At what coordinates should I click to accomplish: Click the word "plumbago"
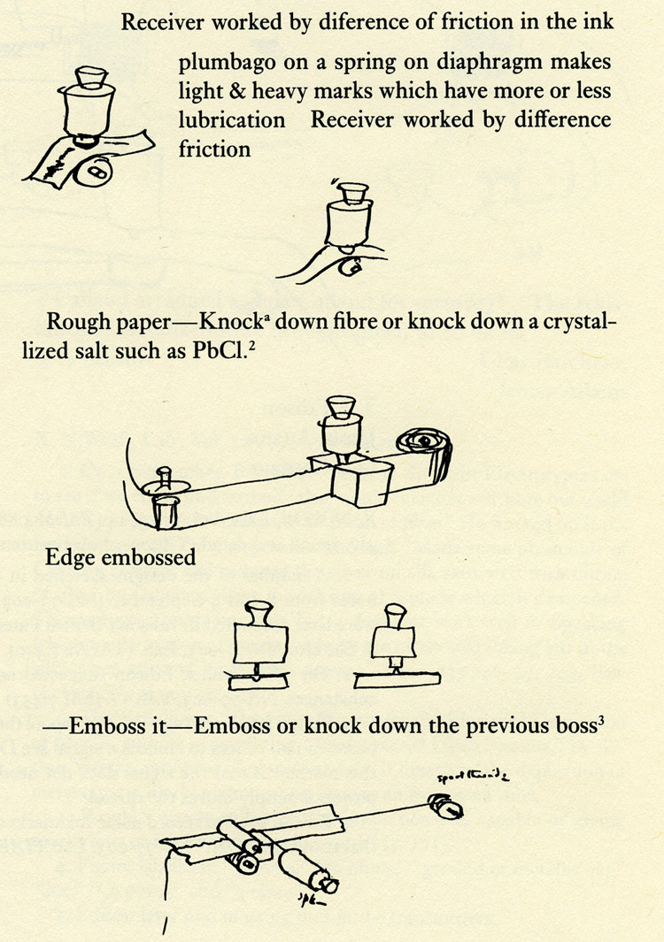point(218,65)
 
